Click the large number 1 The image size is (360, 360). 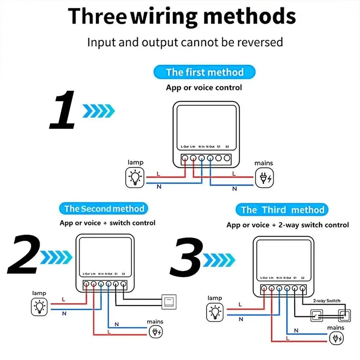(x=63, y=110)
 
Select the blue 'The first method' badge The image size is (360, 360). (x=204, y=72)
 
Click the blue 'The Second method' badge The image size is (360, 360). (x=103, y=208)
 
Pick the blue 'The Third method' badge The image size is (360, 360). (x=282, y=210)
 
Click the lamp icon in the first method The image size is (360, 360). (x=135, y=177)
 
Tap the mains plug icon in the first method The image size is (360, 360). (x=264, y=178)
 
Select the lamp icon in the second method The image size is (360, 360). (x=40, y=307)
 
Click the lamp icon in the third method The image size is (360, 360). (x=215, y=312)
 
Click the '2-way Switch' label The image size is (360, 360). (x=327, y=301)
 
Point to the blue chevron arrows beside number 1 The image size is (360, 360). (x=98, y=110)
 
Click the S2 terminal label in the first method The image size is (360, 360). (x=227, y=147)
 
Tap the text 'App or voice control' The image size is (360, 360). (x=203, y=87)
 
